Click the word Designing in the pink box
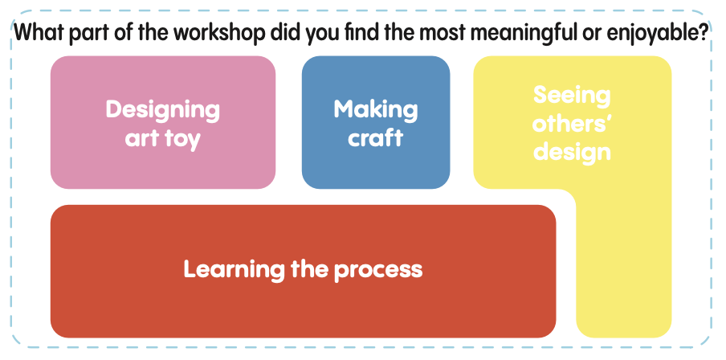coord(162,111)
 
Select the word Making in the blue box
coord(376,110)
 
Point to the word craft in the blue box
coord(376,137)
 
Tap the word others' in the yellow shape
coord(572,125)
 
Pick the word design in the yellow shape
coord(572,153)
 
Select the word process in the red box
coord(378,271)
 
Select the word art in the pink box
coord(141,138)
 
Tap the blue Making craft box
coord(376,122)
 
